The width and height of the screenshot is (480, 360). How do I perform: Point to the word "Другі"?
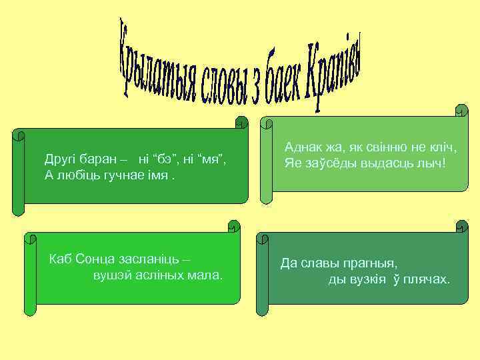click(61, 160)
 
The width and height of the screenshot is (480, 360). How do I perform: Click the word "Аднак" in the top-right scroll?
click(303, 147)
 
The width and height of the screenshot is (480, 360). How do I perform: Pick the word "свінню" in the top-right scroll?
click(386, 147)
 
